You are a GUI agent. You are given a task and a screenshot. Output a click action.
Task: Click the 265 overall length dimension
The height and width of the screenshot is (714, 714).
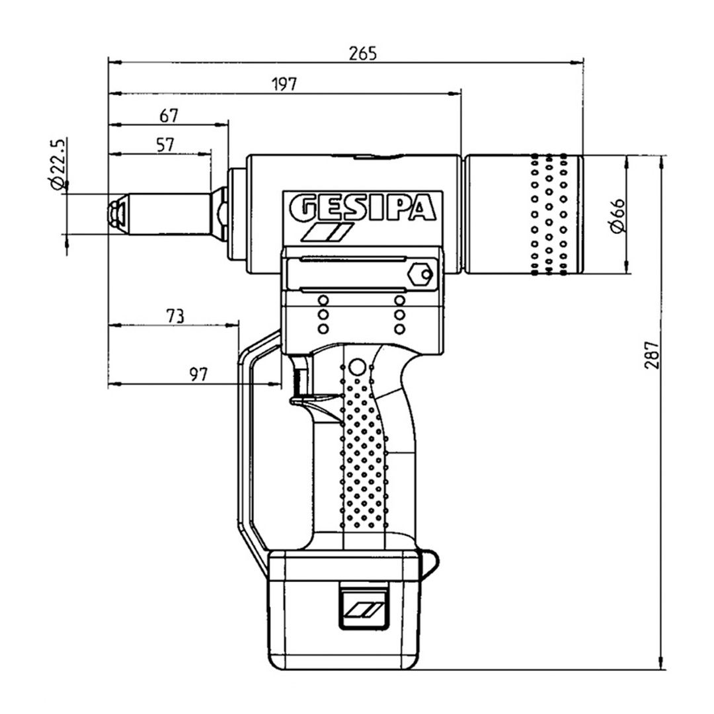(x=362, y=54)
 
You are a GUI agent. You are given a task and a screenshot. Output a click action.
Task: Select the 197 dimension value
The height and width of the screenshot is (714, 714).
(x=285, y=84)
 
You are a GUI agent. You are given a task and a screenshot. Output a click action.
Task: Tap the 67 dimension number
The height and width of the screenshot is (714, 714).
(x=169, y=115)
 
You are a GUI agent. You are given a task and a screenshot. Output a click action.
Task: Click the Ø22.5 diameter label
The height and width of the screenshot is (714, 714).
(x=57, y=164)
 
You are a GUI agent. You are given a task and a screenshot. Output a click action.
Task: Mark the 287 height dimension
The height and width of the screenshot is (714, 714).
(x=653, y=354)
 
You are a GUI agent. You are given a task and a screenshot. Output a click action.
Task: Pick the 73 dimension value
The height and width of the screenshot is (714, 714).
(x=174, y=316)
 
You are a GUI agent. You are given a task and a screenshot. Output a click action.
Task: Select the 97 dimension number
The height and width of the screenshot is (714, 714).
(x=198, y=375)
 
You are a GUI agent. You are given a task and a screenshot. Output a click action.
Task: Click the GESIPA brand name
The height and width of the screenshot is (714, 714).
(x=362, y=208)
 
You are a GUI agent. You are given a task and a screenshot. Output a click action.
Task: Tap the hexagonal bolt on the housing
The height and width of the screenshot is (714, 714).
(x=419, y=274)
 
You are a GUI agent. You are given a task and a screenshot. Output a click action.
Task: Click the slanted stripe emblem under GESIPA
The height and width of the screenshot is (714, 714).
(x=327, y=233)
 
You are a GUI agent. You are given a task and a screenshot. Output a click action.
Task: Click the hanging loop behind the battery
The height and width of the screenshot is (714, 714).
(x=429, y=561)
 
